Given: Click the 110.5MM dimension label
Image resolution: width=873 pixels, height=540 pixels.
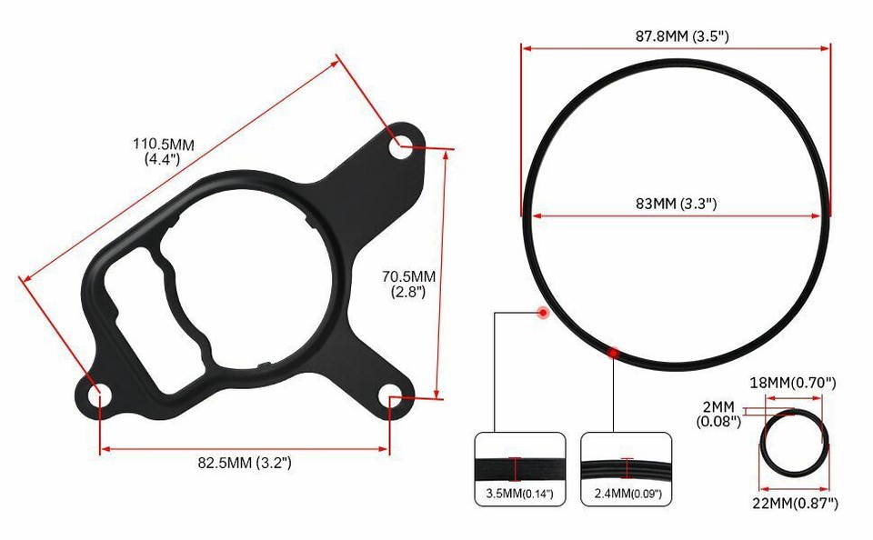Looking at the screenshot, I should [x=164, y=151].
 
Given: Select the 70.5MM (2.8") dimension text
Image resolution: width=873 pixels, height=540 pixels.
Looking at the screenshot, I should [x=408, y=284].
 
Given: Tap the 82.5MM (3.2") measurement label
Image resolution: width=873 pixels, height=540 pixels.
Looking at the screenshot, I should [x=245, y=463].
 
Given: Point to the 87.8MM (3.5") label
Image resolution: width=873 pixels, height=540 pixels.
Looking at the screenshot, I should [x=677, y=36].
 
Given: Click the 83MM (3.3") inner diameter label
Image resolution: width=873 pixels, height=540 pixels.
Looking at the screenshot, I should [x=677, y=204].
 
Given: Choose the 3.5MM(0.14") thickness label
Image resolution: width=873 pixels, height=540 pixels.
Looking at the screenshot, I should [x=516, y=495].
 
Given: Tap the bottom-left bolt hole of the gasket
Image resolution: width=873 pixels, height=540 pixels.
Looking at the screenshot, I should [x=98, y=395].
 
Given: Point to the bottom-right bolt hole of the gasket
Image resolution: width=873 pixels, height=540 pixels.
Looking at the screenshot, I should [x=391, y=393].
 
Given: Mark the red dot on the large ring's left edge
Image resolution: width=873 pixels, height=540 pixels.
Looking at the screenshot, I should [x=543, y=312].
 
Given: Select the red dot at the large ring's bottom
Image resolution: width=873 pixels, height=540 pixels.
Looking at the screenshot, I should [x=614, y=352].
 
